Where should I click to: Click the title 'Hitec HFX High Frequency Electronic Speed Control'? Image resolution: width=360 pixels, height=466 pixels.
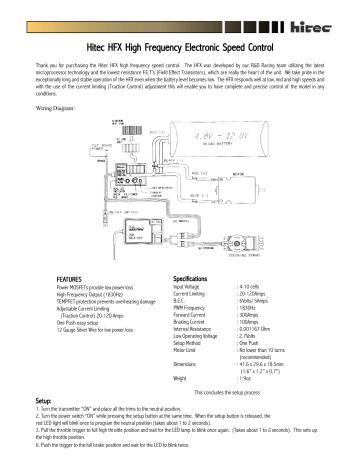180,45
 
